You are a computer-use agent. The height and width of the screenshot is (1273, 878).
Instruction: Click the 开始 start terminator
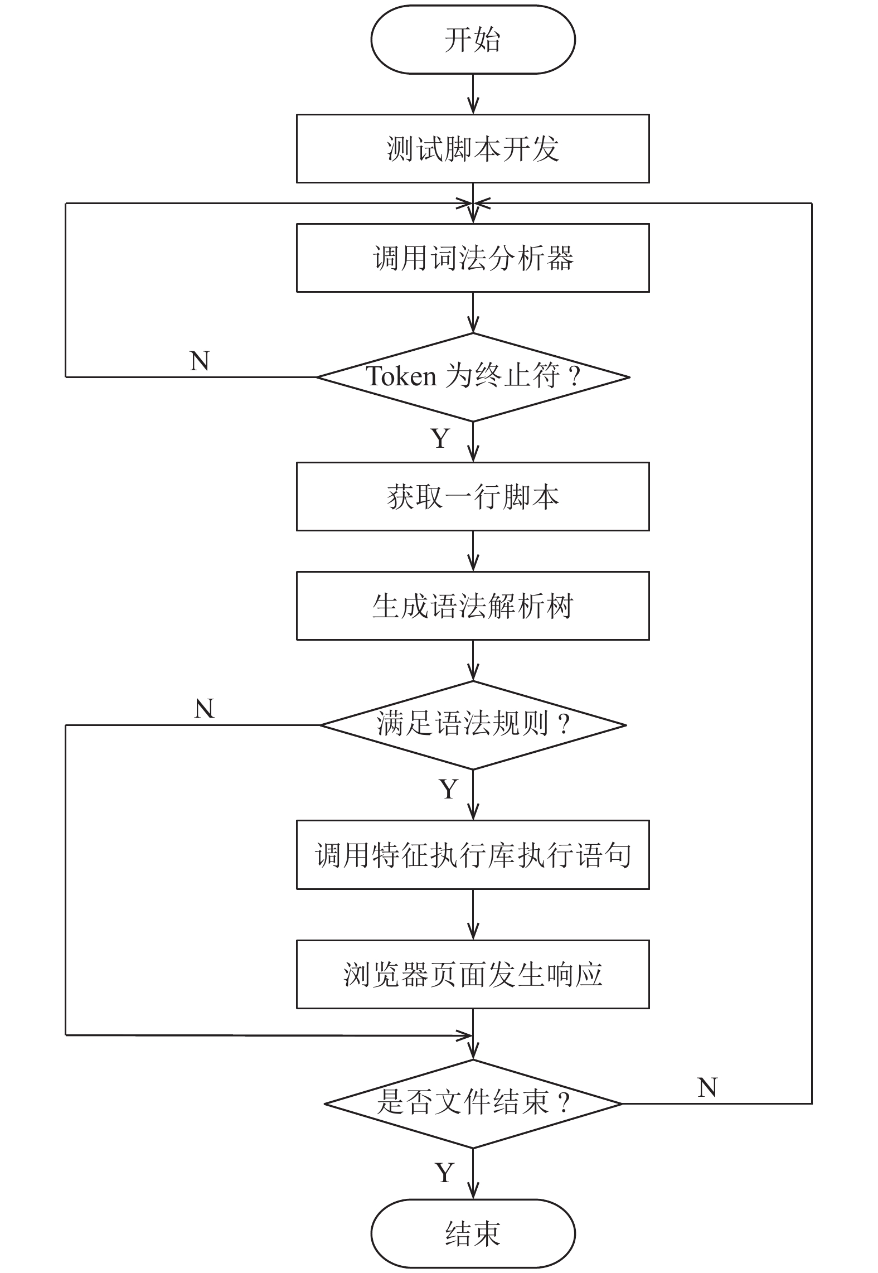[x=473, y=40]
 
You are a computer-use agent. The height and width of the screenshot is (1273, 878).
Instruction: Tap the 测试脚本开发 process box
[x=473, y=148]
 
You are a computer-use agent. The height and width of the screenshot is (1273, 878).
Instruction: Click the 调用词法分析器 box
[x=473, y=258]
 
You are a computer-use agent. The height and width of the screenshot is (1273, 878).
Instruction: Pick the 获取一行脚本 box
[x=473, y=496]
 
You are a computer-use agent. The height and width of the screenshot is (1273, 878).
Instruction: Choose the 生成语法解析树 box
[x=473, y=606]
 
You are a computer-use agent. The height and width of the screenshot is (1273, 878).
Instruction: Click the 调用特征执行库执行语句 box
[x=473, y=855]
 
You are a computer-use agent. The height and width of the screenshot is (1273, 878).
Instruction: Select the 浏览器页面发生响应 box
[x=473, y=974]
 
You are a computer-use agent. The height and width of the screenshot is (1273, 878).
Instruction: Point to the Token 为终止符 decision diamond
[x=473, y=377]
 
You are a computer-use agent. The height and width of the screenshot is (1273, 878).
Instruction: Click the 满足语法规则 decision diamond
[x=473, y=725]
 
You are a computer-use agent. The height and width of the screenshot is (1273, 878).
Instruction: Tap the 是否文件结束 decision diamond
[x=473, y=1103]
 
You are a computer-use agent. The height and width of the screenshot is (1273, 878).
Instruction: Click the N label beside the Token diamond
[x=200, y=361]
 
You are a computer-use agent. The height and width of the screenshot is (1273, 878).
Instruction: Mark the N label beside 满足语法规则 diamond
[x=205, y=709]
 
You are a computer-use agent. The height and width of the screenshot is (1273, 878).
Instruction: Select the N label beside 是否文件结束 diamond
[x=707, y=1087]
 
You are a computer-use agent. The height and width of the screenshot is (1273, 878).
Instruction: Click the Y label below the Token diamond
[x=440, y=438]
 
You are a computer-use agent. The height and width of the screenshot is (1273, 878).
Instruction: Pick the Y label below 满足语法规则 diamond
[x=449, y=789]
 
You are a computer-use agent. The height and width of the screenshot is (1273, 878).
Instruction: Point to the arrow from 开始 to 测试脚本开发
[x=473, y=94]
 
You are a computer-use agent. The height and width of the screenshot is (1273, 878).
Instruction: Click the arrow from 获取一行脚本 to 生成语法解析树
[x=473, y=551]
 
